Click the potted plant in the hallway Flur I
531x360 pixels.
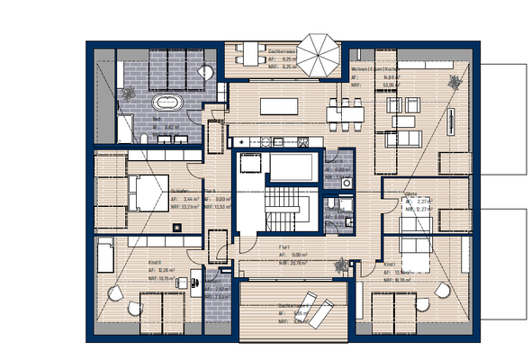(x=340, y=265)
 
